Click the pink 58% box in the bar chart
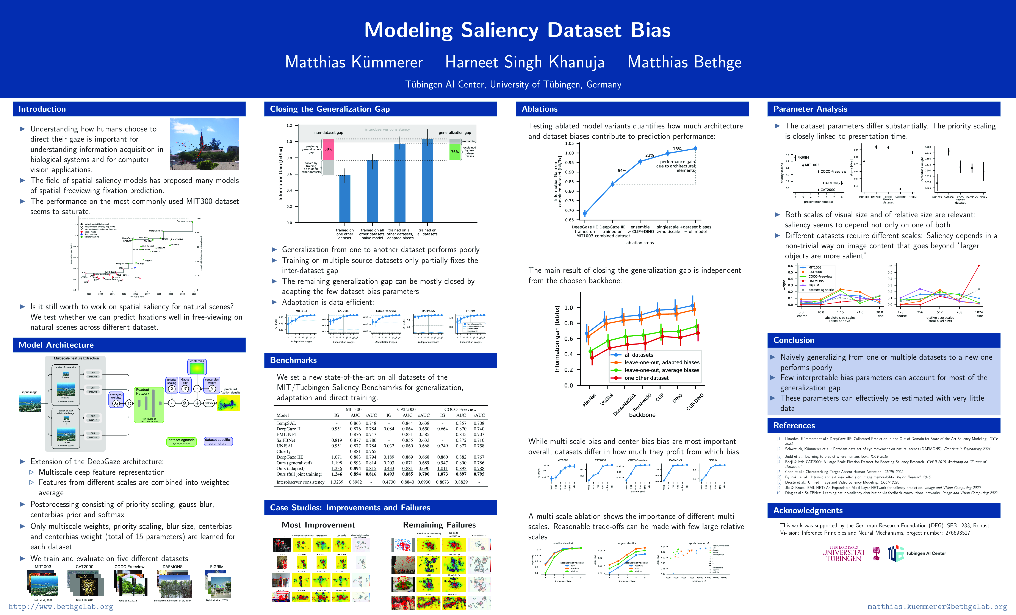[x=328, y=149]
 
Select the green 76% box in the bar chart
[x=455, y=152]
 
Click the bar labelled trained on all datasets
[x=427, y=181]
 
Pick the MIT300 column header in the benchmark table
[x=353, y=409]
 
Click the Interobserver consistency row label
[x=300, y=482]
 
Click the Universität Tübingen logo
[x=844, y=554]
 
